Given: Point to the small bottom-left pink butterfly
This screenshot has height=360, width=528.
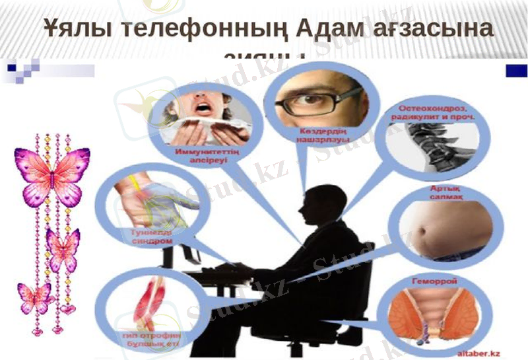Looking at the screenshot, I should [34, 298].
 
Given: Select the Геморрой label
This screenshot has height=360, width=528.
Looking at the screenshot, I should [444, 281].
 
